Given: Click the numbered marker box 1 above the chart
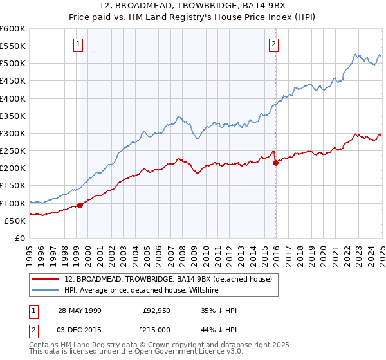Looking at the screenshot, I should click(x=78, y=44).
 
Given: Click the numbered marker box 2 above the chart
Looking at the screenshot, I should click(x=273, y=44).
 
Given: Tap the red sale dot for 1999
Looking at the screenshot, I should click(x=80, y=206).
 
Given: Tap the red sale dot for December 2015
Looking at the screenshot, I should click(x=275, y=163).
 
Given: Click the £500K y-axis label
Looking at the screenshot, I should click(x=13, y=63).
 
